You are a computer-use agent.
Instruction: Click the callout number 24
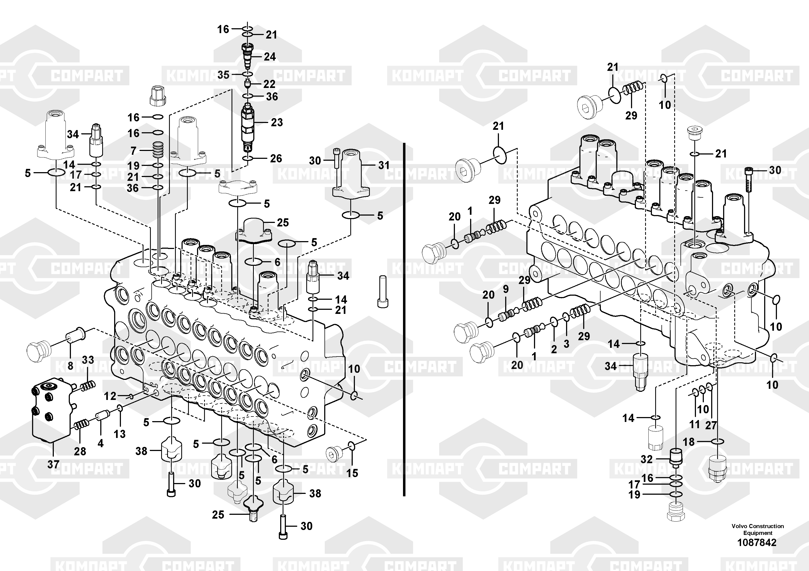tap(270, 57)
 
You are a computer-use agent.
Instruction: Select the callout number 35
tap(223, 75)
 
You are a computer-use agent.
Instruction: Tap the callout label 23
tap(277, 122)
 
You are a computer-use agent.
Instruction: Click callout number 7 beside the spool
tap(133, 151)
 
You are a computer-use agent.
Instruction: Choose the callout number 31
tap(384, 165)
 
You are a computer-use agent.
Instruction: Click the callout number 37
tap(53, 464)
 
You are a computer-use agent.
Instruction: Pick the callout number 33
tap(88, 360)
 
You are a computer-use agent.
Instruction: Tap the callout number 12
tap(110, 396)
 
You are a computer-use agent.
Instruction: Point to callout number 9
tap(506, 289)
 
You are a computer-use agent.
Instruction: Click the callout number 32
tap(646, 459)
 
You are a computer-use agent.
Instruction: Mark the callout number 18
tap(689, 441)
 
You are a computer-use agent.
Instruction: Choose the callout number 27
tap(711, 425)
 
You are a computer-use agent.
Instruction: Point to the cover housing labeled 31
tap(351, 172)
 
